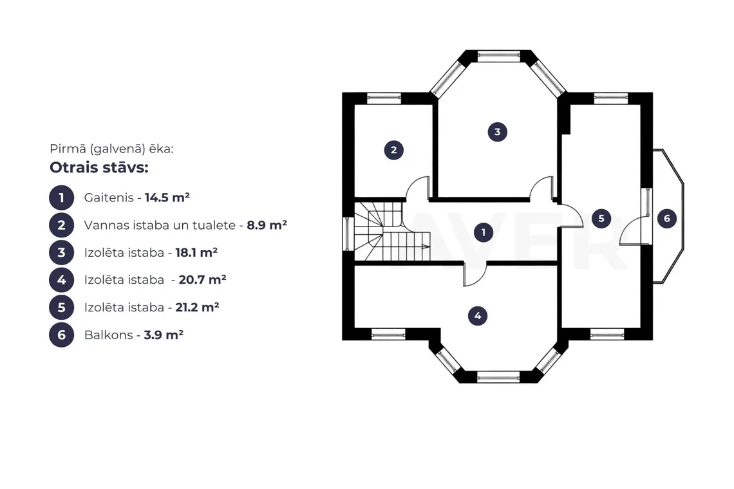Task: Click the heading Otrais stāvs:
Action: click(x=99, y=167)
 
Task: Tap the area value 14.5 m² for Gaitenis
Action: click(x=167, y=198)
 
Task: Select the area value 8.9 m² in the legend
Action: click(x=267, y=225)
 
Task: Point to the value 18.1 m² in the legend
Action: click(x=196, y=253)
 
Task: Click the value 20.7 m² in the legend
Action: click(x=202, y=280)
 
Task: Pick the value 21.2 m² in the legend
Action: click(x=197, y=308)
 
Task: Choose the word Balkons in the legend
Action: click(x=109, y=335)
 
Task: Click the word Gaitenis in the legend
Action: click(x=109, y=198)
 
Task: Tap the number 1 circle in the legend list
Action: click(x=61, y=198)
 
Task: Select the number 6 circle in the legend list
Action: click(x=61, y=335)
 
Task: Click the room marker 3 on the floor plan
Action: click(x=497, y=132)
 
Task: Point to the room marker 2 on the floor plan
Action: click(x=393, y=150)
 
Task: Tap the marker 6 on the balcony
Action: click(x=666, y=218)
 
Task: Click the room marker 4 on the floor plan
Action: click(x=478, y=316)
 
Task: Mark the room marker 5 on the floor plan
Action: click(x=601, y=218)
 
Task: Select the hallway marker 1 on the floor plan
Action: click(x=483, y=232)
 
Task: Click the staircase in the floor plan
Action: click(x=392, y=231)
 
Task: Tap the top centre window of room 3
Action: click(x=498, y=56)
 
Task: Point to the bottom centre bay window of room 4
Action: click(x=498, y=376)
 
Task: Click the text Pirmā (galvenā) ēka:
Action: click(x=111, y=149)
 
